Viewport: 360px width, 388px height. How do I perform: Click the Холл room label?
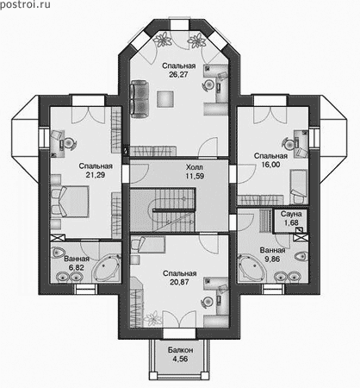(195, 167)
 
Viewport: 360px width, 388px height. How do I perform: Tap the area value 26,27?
(178, 74)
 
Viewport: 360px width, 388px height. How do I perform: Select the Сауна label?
(291, 214)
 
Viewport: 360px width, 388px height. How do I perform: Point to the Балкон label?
(180, 350)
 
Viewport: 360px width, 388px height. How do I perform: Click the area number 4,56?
(180, 359)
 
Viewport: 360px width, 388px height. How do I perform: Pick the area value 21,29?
(96, 175)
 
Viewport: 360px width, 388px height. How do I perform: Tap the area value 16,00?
(270, 165)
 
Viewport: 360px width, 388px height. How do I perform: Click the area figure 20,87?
(179, 282)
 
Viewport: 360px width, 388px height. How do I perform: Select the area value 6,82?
(77, 267)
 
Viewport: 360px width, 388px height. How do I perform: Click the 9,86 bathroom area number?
(272, 259)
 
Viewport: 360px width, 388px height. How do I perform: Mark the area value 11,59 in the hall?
(195, 176)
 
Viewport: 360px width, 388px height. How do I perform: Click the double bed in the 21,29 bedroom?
(70, 201)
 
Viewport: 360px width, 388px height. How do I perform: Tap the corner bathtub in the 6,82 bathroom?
(106, 269)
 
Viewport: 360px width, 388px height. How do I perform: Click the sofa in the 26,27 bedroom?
(140, 98)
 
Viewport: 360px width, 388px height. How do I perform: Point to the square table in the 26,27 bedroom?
(165, 99)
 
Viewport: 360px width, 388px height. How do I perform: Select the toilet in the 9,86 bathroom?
(301, 255)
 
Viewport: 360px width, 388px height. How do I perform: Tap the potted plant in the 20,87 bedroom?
(152, 318)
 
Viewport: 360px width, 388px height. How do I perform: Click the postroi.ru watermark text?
(25, 4)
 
